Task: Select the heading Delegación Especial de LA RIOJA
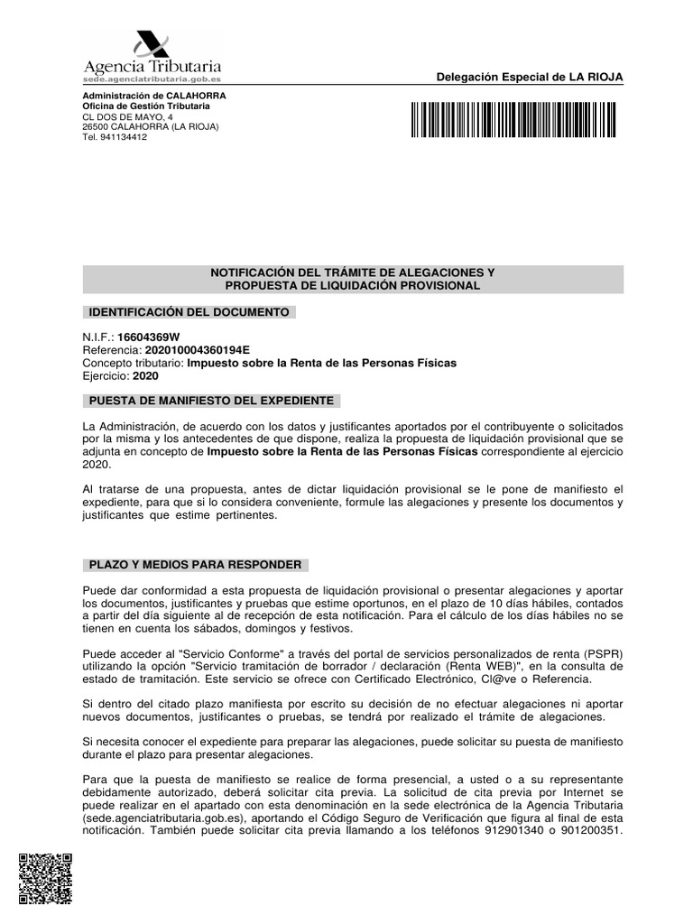pyautogui.click(x=529, y=78)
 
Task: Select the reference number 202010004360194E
pyautogui.click(x=197, y=350)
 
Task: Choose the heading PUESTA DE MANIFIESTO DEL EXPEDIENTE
pyautogui.click(x=210, y=400)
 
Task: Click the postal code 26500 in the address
pyautogui.click(x=95, y=127)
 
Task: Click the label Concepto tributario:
pyautogui.click(x=133, y=363)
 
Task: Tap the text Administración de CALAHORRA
pyautogui.click(x=154, y=96)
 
